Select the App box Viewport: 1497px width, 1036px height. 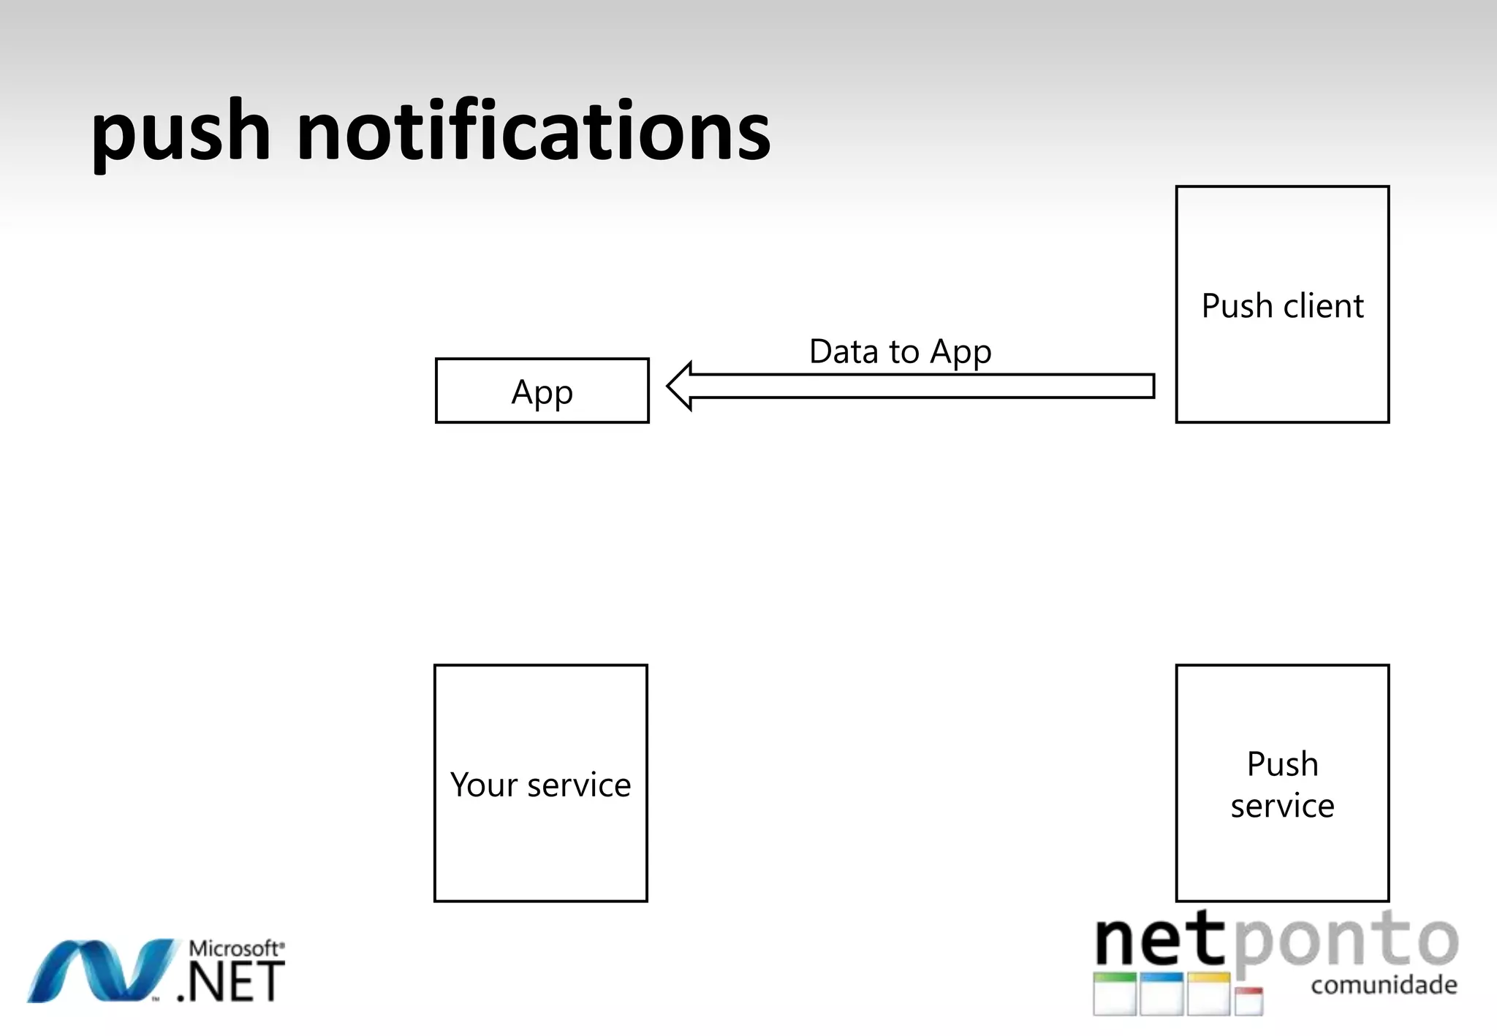[542, 391]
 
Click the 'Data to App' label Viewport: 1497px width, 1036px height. [900, 351]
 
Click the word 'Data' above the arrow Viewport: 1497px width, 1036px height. [844, 351]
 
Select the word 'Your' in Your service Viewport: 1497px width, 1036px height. [483, 785]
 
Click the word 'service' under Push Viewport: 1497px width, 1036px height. [1282, 806]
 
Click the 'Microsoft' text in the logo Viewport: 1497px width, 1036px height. [235, 948]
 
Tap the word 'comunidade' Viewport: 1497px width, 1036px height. [1384, 985]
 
